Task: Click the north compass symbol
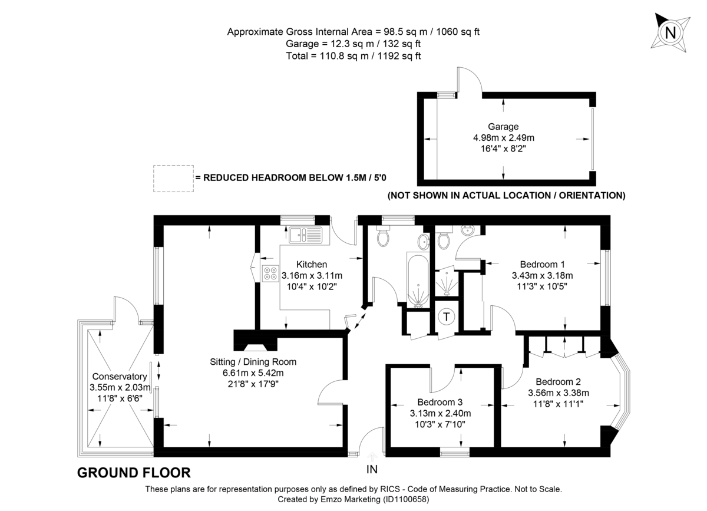[x=669, y=32]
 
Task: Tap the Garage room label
[x=503, y=127]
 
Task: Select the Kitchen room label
[x=312, y=265]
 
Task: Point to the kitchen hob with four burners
[x=271, y=273]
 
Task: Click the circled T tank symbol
[x=447, y=317]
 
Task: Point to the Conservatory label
[x=118, y=376]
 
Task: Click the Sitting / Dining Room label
[x=253, y=361]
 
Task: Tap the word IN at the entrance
[x=372, y=470]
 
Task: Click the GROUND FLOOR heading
[x=134, y=472]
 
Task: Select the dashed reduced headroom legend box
[x=173, y=178]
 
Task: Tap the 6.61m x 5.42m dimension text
[x=253, y=372]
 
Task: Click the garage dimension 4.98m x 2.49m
[x=503, y=137]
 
